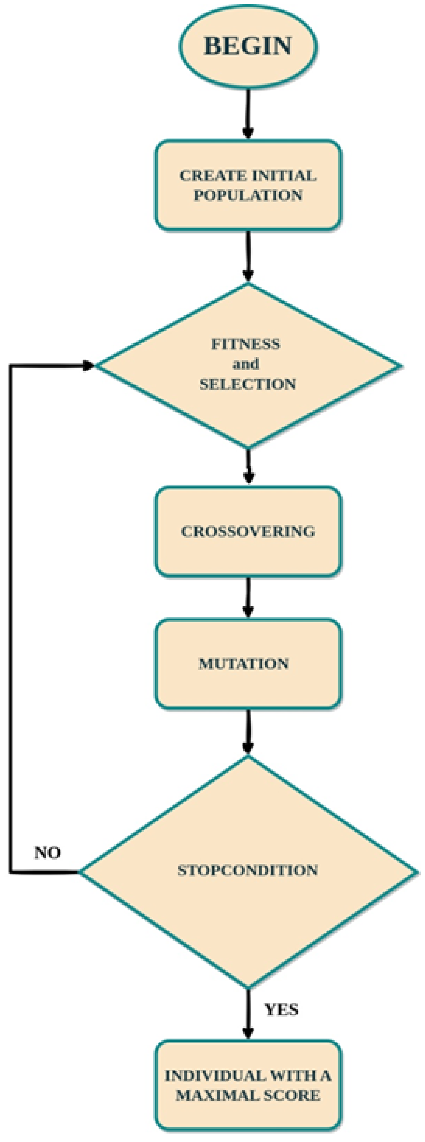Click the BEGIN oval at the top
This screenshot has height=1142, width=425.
pos(248,46)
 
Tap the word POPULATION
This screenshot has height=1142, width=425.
pos(248,195)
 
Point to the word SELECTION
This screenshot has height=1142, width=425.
pos(247,384)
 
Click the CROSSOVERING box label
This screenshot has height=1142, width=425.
pos(248,531)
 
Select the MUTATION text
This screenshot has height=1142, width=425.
pos(243,664)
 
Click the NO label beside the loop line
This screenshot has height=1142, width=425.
pos(47,853)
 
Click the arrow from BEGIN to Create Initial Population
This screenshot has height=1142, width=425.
pos(248,113)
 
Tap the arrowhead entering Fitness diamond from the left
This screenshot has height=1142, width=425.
pos(89,366)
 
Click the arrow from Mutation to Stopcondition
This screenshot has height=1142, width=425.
pos(248,732)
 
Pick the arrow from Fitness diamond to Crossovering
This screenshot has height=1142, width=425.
pos(249,466)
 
